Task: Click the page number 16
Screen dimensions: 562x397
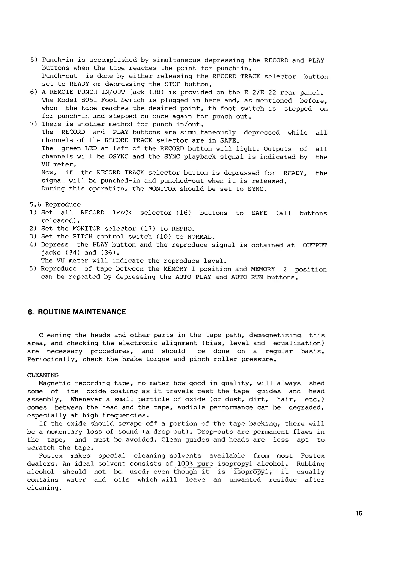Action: pyautogui.click(x=359, y=513)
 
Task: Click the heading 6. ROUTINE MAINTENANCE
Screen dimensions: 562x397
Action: pyautogui.click(x=77, y=312)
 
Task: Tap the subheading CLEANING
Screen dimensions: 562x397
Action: pyautogui.click(x=43, y=375)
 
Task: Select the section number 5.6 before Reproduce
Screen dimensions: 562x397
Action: pyautogui.click(x=35, y=204)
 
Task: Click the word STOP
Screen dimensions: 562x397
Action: pyautogui.click(x=172, y=84)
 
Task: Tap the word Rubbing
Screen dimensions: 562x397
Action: pyautogui.click(x=310, y=464)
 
